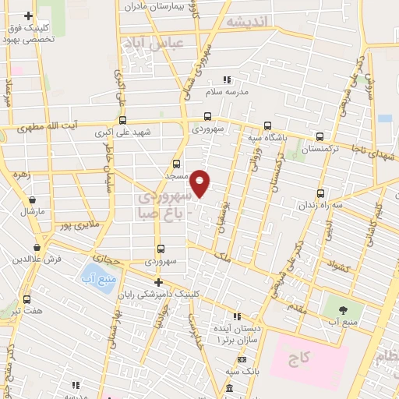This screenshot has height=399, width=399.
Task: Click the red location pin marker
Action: [x=200, y=183]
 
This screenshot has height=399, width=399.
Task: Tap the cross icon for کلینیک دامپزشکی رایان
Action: [x=158, y=282]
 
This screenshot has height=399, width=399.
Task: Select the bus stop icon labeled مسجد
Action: [x=177, y=164]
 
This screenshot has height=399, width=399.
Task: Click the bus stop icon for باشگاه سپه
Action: [x=268, y=125]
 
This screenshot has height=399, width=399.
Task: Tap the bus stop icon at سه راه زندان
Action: [x=320, y=194]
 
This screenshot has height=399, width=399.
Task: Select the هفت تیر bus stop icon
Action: [x=28, y=299]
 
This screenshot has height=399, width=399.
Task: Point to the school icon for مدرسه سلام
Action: [x=228, y=79]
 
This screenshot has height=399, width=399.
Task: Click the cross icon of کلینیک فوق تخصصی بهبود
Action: [x=28, y=16]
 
